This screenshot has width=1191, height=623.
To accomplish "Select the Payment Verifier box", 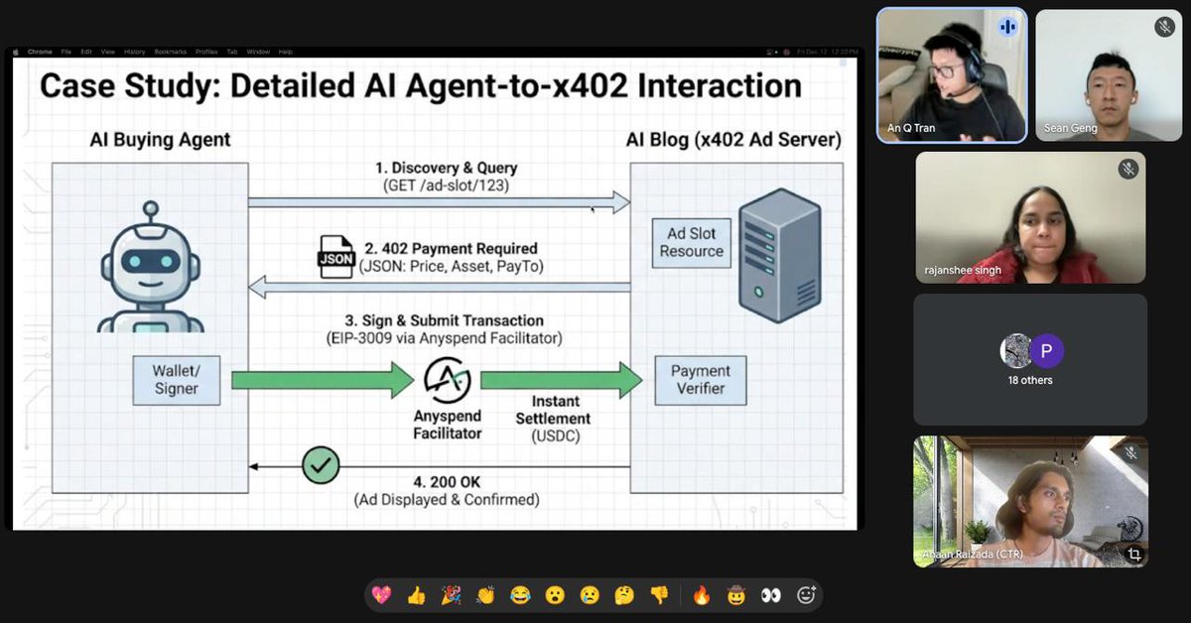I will pyautogui.click(x=700, y=380).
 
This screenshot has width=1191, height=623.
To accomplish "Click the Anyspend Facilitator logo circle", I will pyautogui.click(x=447, y=380).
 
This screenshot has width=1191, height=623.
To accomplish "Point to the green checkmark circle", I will pyautogui.click(x=321, y=464).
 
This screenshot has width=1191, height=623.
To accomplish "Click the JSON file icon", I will pyautogui.click(x=334, y=257).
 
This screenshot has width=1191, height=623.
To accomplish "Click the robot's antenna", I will pyautogui.click(x=150, y=212).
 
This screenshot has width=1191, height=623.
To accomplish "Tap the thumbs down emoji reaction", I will pyautogui.click(x=659, y=595).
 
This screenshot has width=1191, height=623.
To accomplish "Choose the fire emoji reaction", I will pyautogui.click(x=702, y=595).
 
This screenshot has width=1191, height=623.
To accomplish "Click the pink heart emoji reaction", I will pyautogui.click(x=381, y=595).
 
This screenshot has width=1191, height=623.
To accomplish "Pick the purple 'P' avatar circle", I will pyautogui.click(x=1046, y=351).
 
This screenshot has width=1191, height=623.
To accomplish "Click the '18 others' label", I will pyautogui.click(x=1029, y=380).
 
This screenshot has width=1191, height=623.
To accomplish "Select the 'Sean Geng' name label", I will pyautogui.click(x=1070, y=128).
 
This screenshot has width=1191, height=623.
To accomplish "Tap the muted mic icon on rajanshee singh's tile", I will pyautogui.click(x=1127, y=169).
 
